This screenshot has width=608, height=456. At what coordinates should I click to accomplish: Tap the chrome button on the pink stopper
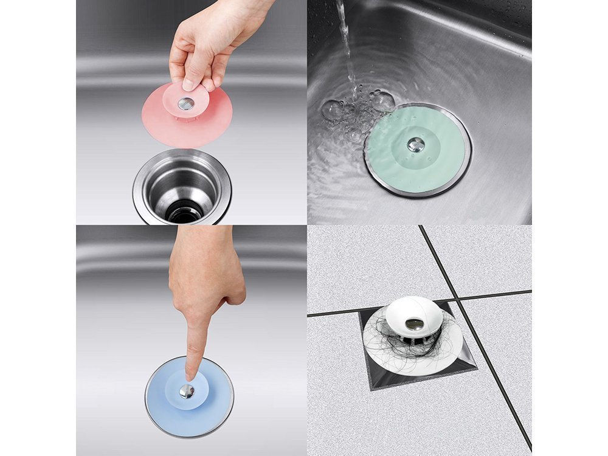point(187,104)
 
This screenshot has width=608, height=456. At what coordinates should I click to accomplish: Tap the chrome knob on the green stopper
point(415,144)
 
